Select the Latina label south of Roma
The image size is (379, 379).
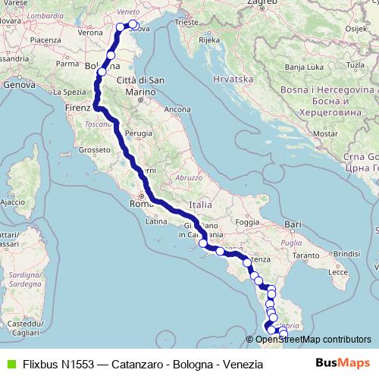(156, 221)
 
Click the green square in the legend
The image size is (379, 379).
(10, 365)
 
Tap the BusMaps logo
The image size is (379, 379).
(342, 364)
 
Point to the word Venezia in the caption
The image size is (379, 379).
(243, 365)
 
